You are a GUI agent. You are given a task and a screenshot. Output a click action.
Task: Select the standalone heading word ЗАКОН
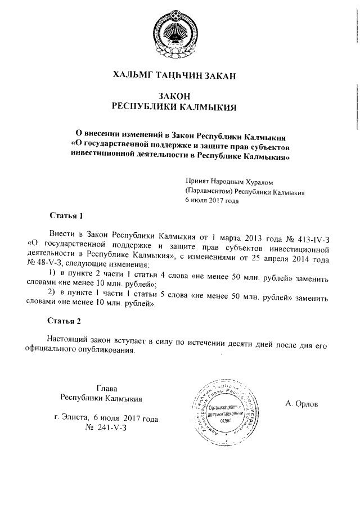point(174,96)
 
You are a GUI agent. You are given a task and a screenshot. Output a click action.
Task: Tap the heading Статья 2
point(66,321)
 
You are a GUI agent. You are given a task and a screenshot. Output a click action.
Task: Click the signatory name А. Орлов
point(301,403)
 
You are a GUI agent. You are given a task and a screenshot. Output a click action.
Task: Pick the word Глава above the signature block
point(106,388)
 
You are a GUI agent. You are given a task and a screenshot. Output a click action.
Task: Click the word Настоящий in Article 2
point(70,341)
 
